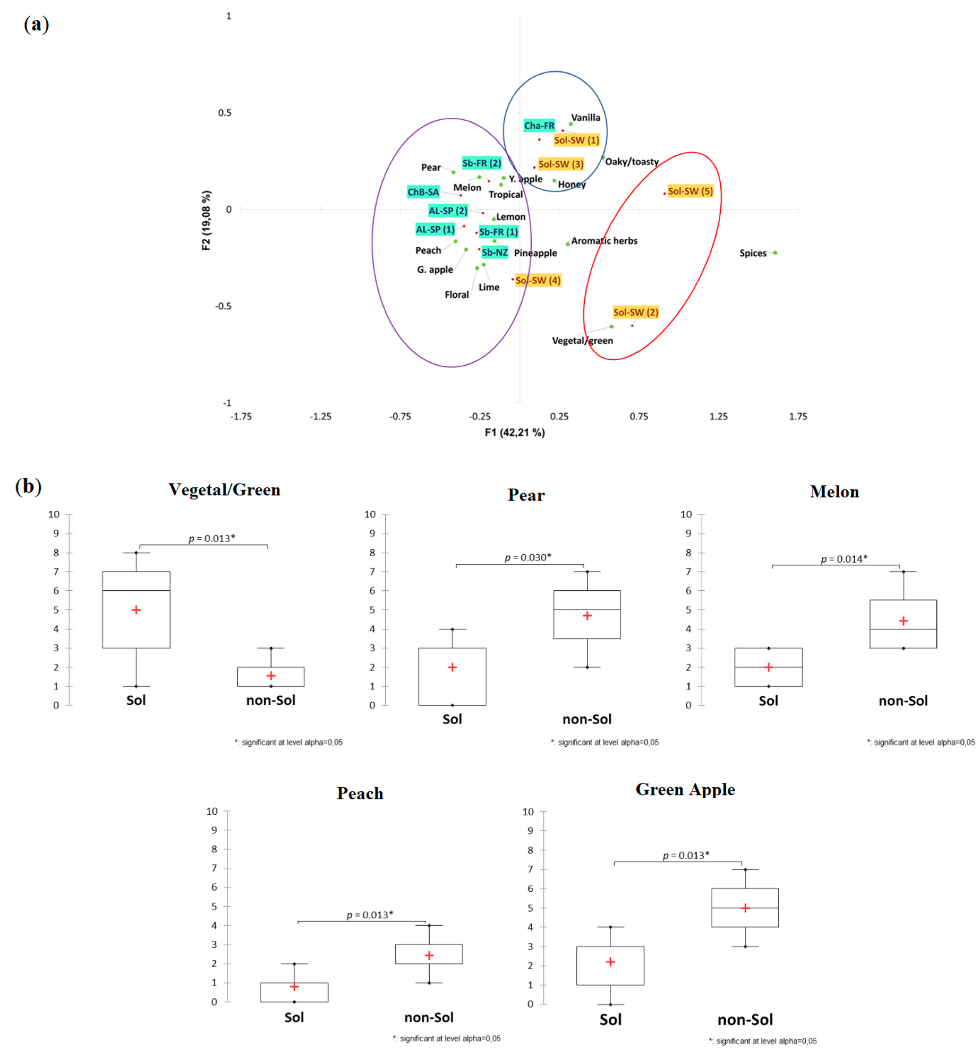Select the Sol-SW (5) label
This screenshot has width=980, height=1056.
690,191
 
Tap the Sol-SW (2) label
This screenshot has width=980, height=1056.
635,313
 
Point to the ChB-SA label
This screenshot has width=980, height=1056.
423,192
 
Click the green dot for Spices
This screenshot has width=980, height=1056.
775,253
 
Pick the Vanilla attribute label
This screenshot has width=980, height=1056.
585,118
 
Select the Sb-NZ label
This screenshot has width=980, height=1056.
494,253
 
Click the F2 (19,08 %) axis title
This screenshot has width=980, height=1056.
206,220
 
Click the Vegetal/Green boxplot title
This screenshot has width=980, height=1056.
224,490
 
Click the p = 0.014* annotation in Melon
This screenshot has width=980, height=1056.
844,559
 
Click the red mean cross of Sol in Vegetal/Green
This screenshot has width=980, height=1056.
136,610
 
